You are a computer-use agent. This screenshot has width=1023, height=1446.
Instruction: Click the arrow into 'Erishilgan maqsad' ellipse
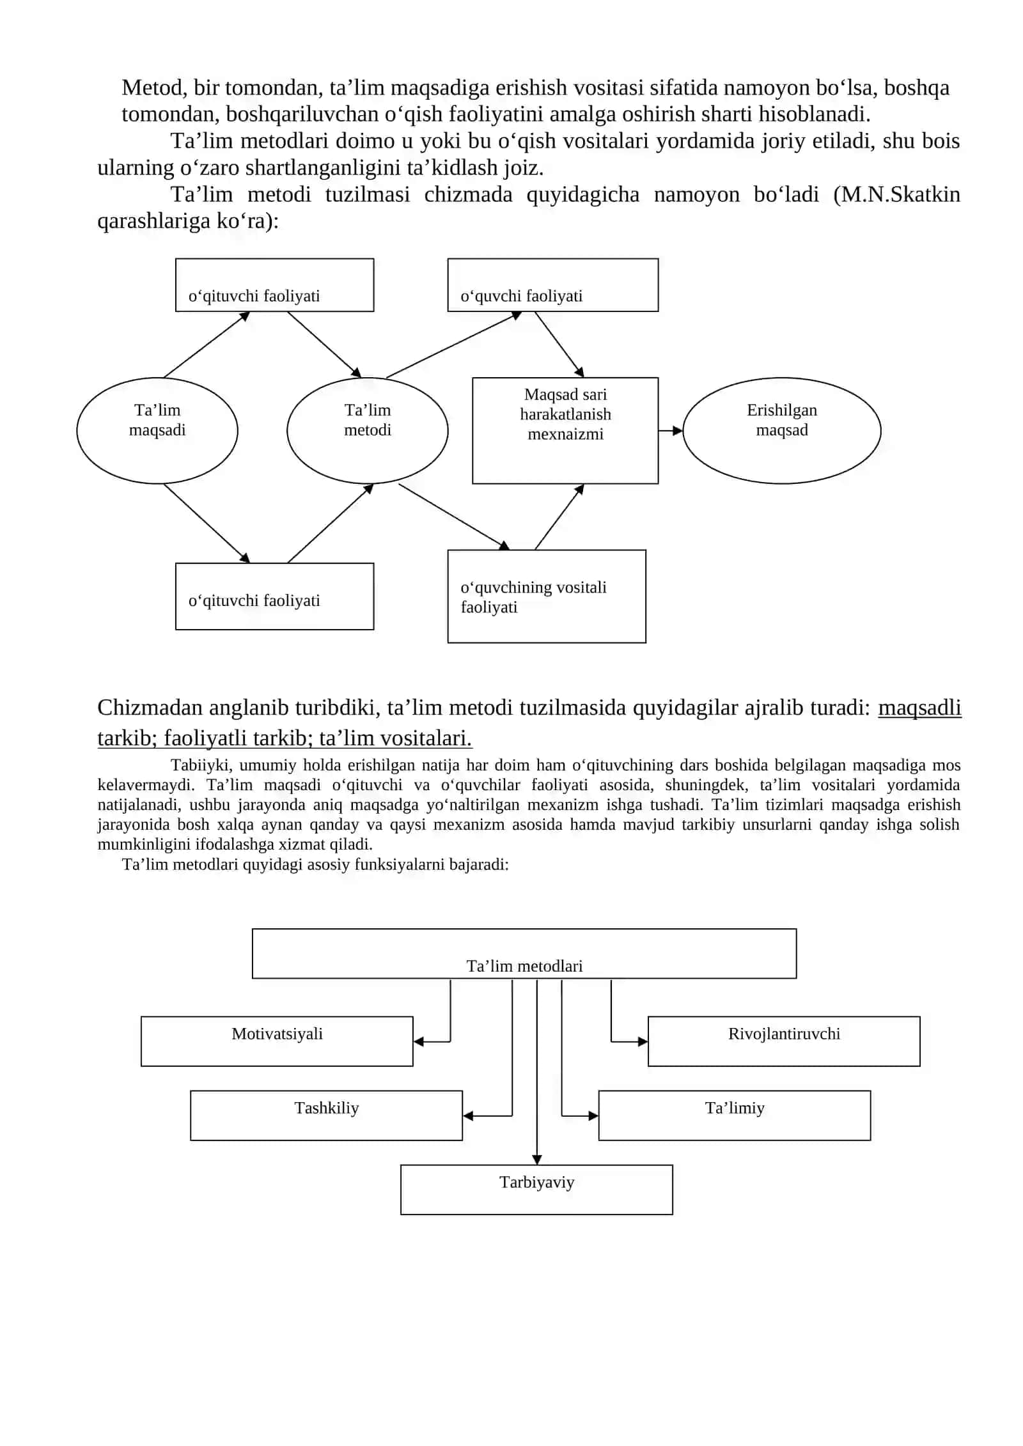point(671,431)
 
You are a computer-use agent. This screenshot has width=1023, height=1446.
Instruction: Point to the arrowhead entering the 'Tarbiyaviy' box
point(537,1160)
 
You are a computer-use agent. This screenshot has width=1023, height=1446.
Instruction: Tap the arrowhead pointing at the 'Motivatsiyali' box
point(419,1041)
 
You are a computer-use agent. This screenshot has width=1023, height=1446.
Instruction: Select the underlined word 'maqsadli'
point(919,708)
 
